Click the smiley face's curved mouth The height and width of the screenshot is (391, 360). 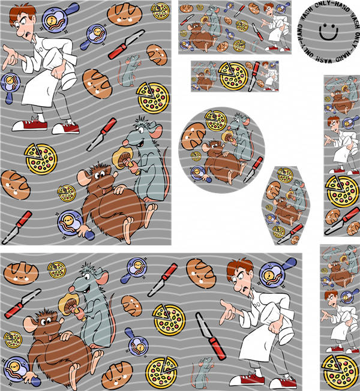click(x=329, y=37)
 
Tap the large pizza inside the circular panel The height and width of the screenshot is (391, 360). click(x=216, y=121)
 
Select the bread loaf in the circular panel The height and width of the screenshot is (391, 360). click(x=193, y=136)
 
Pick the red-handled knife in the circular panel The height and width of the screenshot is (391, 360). click(x=253, y=170)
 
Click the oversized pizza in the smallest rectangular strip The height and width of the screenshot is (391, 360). click(x=233, y=76)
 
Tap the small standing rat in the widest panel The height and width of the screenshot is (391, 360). click(x=203, y=373)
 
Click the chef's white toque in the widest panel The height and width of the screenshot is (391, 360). click(x=286, y=334)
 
